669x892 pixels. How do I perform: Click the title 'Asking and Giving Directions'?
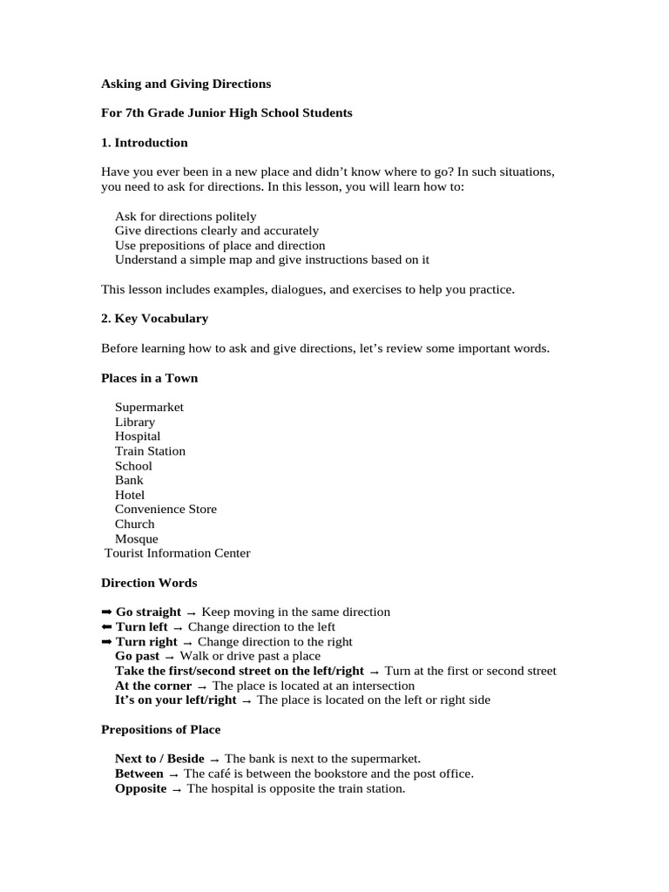pyautogui.click(x=186, y=84)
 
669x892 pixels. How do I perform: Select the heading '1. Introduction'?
pyautogui.click(x=144, y=142)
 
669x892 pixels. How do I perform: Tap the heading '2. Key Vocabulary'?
pyautogui.click(x=154, y=318)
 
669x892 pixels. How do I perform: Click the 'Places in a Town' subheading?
pyautogui.click(x=149, y=377)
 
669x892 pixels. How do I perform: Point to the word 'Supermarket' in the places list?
pyautogui.click(x=149, y=407)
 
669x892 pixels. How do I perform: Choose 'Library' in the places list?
pyautogui.click(x=135, y=422)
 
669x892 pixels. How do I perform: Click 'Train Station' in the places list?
pyautogui.click(x=150, y=450)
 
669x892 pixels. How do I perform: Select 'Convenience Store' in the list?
pyautogui.click(x=166, y=509)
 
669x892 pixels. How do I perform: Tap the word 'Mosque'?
pyautogui.click(x=137, y=538)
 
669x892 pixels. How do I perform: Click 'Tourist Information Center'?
pyautogui.click(x=177, y=553)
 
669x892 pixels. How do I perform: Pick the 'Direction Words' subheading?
pyautogui.click(x=149, y=583)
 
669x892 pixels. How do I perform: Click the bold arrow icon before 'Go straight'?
pyautogui.click(x=107, y=612)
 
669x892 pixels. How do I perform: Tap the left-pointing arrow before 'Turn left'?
pyautogui.click(x=107, y=627)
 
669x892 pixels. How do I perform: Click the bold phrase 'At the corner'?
pyautogui.click(x=153, y=686)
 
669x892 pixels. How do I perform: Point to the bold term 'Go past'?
pyautogui.click(x=137, y=656)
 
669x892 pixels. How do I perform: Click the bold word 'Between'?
pyautogui.click(x=139, y=774)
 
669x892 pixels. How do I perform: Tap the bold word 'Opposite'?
pyautogui.click(x=140, y=788)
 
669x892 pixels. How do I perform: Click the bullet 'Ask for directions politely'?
pyautogui.click(x=186, y=216)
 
